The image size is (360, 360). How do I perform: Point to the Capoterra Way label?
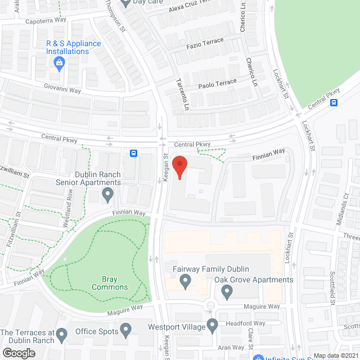46,21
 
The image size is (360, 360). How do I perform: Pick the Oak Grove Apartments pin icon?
227,291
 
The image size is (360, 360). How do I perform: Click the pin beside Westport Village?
212,325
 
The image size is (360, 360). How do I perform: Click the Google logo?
18,353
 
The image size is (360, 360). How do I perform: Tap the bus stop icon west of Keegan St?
134,153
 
